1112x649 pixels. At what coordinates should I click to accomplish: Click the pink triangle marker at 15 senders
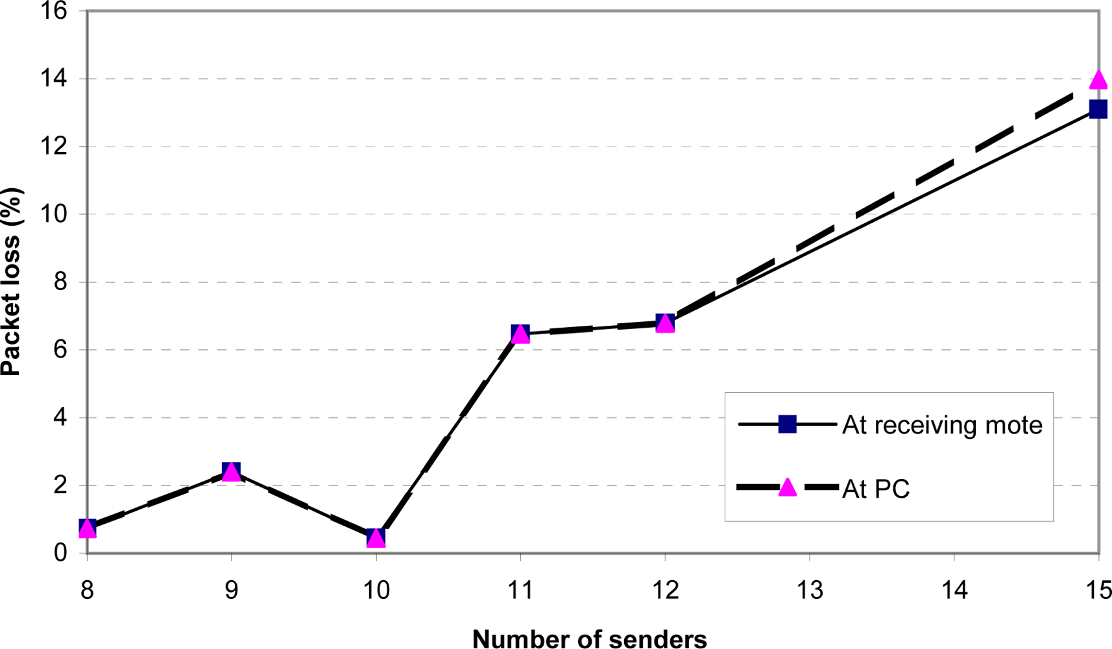pos(1098,80)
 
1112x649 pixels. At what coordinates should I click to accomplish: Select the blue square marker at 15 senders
pos(1098,109)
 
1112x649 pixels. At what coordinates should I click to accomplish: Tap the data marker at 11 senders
pos(520,334)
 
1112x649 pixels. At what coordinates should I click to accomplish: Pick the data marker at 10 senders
pos(376,537)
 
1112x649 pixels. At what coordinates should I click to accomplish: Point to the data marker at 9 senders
pos(232,472)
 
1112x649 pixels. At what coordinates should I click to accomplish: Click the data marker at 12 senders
pos(665,323)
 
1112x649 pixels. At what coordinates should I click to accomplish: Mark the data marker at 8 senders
pos(88,528)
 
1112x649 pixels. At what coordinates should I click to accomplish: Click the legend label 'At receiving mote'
pos(942,425)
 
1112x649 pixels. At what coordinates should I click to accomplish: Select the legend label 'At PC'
pos(876,488)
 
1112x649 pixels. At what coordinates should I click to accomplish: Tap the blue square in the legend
pos(787,424)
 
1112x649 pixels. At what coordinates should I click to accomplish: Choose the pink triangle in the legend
pos(787,487)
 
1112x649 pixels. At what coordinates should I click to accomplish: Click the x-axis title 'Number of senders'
pos(589,639)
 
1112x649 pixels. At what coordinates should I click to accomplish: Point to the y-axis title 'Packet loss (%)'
pos(12,282)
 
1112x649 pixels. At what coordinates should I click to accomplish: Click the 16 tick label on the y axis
pos(54,12)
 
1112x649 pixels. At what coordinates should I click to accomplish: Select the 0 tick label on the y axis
pos(60,553)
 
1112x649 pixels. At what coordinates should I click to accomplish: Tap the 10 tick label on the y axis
pos(54,214)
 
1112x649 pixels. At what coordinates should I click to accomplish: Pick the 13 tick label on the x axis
pos(810,591)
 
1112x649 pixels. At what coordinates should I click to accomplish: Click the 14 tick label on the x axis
pos(954,591)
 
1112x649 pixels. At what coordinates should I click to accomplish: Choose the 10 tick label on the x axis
pos(376,591)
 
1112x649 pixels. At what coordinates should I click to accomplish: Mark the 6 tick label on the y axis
pos(60,350)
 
